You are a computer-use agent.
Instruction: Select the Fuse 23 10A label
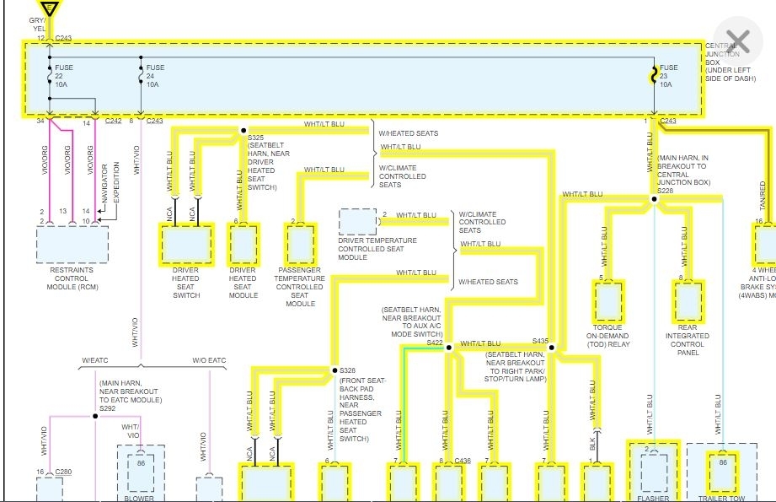(668, 76)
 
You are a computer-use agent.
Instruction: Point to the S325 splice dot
(244, 131)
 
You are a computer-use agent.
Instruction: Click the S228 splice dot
(654, 200)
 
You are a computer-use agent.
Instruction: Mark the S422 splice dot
(448, 347)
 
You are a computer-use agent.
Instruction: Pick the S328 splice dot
(332, 370)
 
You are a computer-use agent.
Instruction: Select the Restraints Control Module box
(72, 244)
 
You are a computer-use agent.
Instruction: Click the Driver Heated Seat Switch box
(186, 245)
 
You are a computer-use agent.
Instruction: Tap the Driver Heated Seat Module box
(243, 245)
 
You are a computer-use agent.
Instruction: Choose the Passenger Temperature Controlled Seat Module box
(300, 245)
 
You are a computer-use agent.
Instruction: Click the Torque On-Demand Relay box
(608, 301)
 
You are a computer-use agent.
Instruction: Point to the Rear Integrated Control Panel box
(688, 301)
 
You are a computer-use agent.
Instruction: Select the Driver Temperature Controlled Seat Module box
(358, 222)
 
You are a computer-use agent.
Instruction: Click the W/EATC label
(96, 360)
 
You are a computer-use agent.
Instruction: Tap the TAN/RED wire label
(763, 195)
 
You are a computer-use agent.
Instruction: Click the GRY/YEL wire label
(38, 24)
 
